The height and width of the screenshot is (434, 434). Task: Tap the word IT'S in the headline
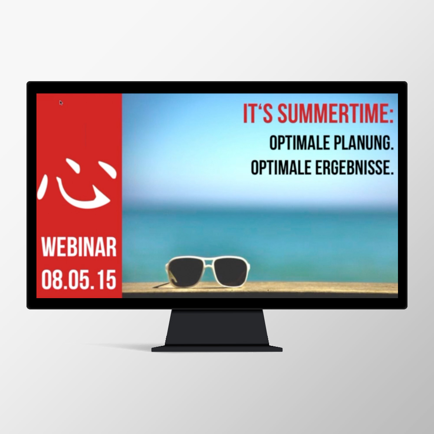point(258,114)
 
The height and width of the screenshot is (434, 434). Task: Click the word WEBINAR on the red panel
point(79,247)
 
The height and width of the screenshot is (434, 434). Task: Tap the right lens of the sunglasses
point(231,271)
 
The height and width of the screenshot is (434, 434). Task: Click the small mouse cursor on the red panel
point(61,103)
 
